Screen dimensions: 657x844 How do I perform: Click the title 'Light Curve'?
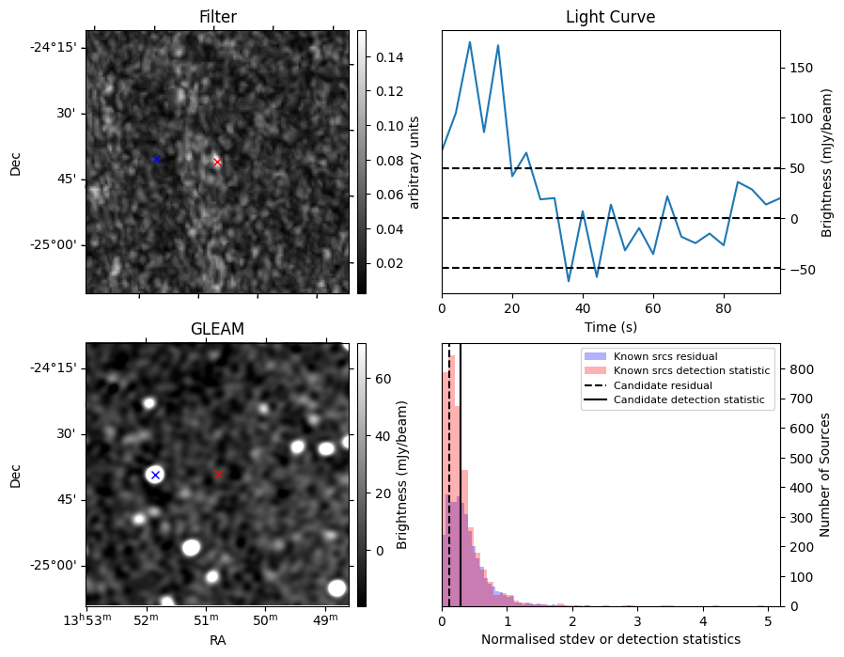pyautogui.click(x=610, y=17)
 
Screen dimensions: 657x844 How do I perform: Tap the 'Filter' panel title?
pyautogui.click(x=217, y=17)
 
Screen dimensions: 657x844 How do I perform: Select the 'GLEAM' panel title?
pyautogui.click(x=217, y=329)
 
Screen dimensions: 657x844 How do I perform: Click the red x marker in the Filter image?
pyautogui.click(x=217, y=162)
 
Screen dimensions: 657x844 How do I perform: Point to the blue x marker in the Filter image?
pyautogui.click(x=156, y=159)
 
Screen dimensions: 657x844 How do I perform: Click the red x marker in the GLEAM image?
pyautogui.click(x=218, y=475)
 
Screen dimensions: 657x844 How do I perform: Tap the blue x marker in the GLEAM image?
pyautogui.click(x=156, y=475)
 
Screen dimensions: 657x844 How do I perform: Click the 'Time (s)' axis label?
pyautogui.click(x=611, y=326)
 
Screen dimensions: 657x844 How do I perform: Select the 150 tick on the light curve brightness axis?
pyautogui.click(x=802, y=69)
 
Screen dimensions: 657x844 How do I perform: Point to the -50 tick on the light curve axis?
pyautogui.click(x=801, y=270)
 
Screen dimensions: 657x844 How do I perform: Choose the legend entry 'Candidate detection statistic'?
pyautogui.click(x=690, y=401)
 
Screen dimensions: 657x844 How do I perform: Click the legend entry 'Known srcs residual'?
pyautogui.click(x=664, y=356)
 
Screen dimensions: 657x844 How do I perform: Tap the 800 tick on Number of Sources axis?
pyautogui.click(x=800, y=369)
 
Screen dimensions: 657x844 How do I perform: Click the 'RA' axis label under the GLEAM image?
pyautogui.click(x=217, y=640)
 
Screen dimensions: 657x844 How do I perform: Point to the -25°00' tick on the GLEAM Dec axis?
pyautogui.click(x=53, y=566)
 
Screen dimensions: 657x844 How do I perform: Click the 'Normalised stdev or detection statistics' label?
pyautogui.click(x=611, y=639)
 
